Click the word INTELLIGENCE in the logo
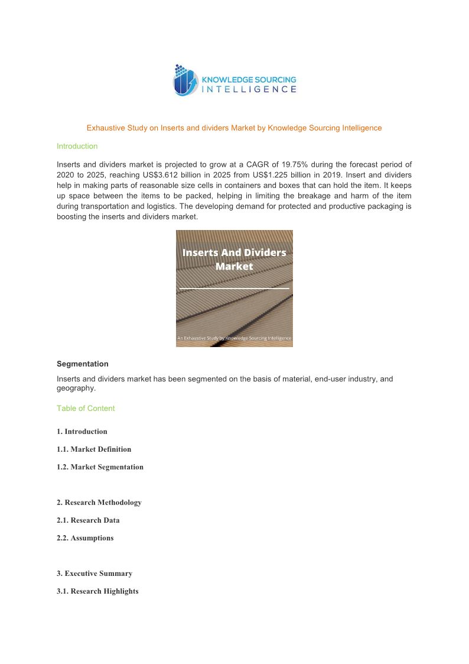(x=249, y=89)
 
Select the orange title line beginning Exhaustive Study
(x=234, y=128)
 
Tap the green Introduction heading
(x=77, y=146)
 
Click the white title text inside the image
(x=234, y=259)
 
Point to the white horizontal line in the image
(x=234, y=289)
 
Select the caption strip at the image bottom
(x=234, y=338)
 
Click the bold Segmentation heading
(x=83, y=364)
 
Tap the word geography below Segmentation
(x=75, y=389)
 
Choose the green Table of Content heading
(x=86, y=409)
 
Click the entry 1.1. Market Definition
(x=94, y=449)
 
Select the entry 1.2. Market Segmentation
(x=100, y=467)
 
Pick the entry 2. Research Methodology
(x=99, y=503)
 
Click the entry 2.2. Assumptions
(x=85, y=538)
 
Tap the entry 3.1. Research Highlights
(x=97, y=591)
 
